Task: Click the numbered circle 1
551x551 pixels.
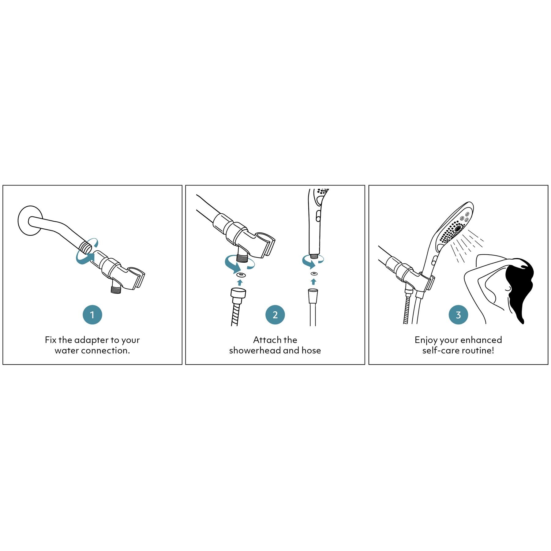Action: (x=92, y=315)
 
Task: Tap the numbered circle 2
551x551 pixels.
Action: (x=275, y=315)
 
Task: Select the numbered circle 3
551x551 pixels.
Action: (x=458, y=315)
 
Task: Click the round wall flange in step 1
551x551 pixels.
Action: (x=24, y=220)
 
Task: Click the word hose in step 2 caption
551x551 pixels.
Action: (x=311, y=350)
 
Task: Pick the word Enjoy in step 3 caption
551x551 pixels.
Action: (x=426, y=340)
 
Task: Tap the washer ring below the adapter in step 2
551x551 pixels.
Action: (x=240, y=274)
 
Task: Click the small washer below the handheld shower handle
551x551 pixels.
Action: (x=314, y=273)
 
